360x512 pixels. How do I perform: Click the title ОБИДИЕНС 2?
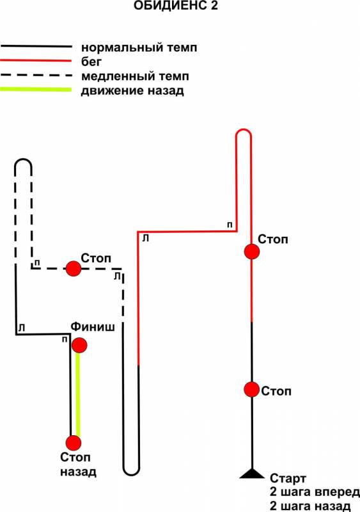tap(176, 6)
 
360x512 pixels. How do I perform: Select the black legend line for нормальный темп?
tap(36, 47)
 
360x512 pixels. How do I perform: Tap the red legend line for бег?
tap(36, 61)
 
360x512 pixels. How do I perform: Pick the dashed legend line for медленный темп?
tap(36, 75)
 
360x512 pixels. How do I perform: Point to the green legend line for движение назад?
tap(36, 90)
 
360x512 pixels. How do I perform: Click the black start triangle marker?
tap(252, 474)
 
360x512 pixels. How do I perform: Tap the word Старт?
tap(288, 478)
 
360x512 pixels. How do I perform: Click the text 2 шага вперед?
tap(315, 492)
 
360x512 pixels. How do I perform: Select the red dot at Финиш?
tap(79, 345)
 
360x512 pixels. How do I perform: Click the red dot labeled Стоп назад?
tap(74, 443)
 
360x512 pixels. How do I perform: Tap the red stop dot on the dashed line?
tap(74, 268)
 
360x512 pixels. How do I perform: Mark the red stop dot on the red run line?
tap(252, 252)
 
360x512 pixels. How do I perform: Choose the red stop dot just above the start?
tap(252, 389)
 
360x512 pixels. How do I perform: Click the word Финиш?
tap(93, 327)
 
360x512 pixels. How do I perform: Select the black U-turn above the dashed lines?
tap(23, 159)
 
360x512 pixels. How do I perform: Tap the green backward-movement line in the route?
tap(77, 394)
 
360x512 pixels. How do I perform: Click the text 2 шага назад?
tap(310, 506)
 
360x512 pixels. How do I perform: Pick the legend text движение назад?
tap(132, 90)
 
